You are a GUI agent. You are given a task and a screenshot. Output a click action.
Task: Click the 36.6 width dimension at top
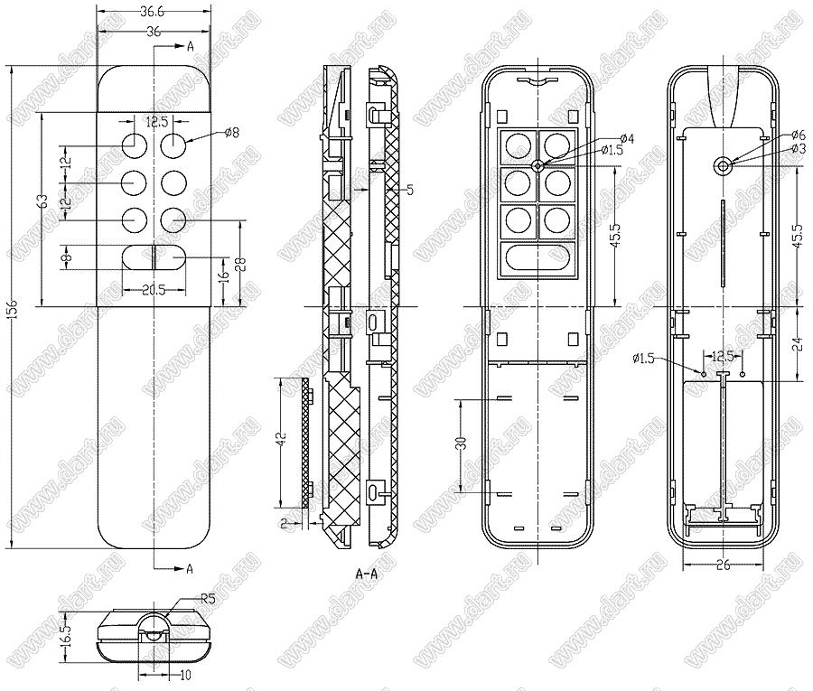pos(153,13)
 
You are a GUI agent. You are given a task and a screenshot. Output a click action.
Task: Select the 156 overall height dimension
pos(13,308)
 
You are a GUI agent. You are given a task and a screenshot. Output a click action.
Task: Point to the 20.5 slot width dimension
pos(154,289)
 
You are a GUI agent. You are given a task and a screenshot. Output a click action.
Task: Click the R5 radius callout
pos(208,598)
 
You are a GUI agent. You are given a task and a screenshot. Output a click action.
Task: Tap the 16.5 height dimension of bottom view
pos(64,628)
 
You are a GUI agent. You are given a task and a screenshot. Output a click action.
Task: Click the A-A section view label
pos(367,574)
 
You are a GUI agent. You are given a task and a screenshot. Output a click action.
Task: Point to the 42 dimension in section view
pos(281,440)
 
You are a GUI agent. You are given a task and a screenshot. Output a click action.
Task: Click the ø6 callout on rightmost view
pos(798,134)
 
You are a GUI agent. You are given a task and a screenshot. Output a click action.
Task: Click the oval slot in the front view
pos(154,257)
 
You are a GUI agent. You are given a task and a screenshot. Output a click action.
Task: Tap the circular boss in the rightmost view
pos(724,165)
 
